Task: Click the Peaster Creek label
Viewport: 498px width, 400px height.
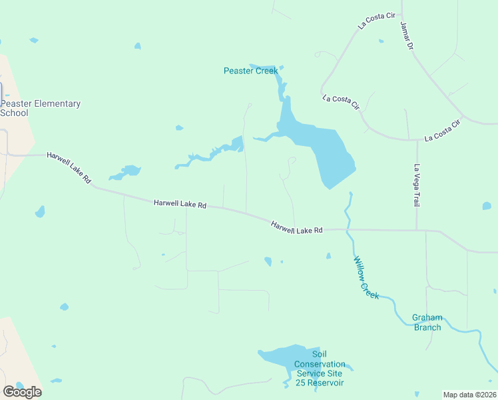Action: coord(250,71)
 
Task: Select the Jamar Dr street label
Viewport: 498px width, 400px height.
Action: coord(407,36)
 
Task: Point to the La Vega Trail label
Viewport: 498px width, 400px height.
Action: coord(417,185)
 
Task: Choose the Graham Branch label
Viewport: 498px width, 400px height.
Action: coord(427,322)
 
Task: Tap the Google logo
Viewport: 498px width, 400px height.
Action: coord(22,391)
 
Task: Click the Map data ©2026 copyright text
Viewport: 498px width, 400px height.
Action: coord(470,395)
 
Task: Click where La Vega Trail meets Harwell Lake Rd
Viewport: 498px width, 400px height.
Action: coord(417,231)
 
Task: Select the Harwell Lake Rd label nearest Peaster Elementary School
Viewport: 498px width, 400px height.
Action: coord(69,168)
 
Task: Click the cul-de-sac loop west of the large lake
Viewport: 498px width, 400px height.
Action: coord(292,160)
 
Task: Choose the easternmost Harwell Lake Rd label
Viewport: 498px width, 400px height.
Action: coord(296,227)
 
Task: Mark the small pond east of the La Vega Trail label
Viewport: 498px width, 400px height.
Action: coord(487,206)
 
